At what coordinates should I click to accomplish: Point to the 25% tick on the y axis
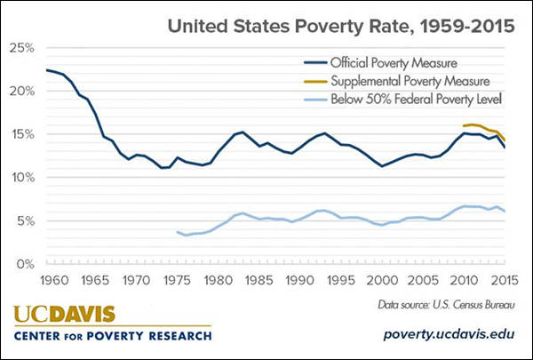(x=22, y=48)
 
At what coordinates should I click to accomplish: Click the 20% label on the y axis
(x=22, y=92)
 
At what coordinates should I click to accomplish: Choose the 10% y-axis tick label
(x=22, y=178)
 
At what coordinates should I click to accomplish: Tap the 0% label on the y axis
(x=26, y=264)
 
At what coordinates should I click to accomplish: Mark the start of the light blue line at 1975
(x=178, y=231)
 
